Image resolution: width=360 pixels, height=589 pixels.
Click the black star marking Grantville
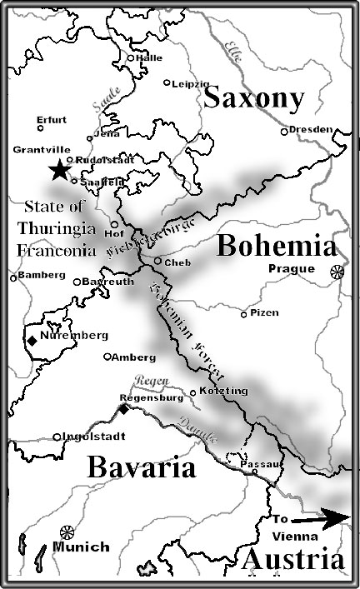(x=59, y=170)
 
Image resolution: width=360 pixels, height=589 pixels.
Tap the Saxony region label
(x=252, y=98)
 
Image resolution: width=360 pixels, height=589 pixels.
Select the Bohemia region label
(x=277, y=247)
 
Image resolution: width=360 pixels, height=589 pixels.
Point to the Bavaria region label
(x=142, y=467)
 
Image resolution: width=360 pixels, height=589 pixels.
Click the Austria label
(x=292, y=561)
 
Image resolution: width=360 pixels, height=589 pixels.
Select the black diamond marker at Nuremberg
(x=32, y=339)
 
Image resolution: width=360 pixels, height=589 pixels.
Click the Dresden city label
(x=312, y=129)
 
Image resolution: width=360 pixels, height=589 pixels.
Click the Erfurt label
(x=52, y=119)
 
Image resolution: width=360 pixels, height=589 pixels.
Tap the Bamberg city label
(x=41, y=274)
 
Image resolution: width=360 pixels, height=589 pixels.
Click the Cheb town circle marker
(x=157, y=261)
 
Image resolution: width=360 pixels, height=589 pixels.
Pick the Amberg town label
(x=135, y=357)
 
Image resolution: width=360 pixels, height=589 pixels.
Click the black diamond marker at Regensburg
(x=123, y=409)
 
